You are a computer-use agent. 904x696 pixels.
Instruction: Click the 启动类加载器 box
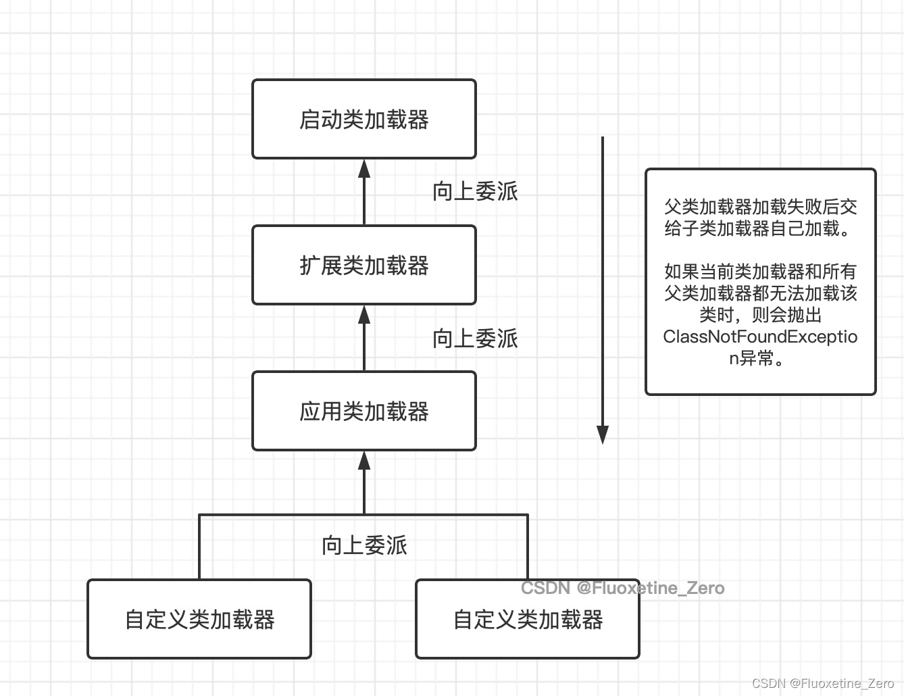364,119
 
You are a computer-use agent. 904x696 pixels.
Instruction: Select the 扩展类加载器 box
364,265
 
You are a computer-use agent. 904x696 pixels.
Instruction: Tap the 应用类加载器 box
364,411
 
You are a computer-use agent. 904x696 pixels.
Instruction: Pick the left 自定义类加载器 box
199,619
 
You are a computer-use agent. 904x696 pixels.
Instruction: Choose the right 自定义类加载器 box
528,619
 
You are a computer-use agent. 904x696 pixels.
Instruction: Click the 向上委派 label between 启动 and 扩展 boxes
475,191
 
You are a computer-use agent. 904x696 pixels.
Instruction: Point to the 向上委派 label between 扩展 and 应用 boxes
475,338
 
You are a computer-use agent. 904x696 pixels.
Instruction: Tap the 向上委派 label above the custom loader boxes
364,545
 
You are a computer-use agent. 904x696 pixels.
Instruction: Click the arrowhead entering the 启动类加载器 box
364,168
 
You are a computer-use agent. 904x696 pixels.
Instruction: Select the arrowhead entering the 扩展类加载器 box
364,314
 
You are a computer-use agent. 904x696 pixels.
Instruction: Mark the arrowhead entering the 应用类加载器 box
364,461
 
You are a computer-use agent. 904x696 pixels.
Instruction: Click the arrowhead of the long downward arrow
603,434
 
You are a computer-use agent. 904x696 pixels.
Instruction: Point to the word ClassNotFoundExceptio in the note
760,337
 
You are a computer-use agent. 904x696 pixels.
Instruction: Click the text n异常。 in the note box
756,358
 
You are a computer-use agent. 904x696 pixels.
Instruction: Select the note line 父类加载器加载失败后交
761,207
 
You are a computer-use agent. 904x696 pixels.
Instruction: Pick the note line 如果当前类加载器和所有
761,272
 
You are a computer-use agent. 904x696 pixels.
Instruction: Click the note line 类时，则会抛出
761,315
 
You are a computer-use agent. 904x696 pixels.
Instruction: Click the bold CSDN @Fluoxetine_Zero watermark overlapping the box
623,588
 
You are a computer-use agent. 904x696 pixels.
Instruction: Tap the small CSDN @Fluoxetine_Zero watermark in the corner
823,683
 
